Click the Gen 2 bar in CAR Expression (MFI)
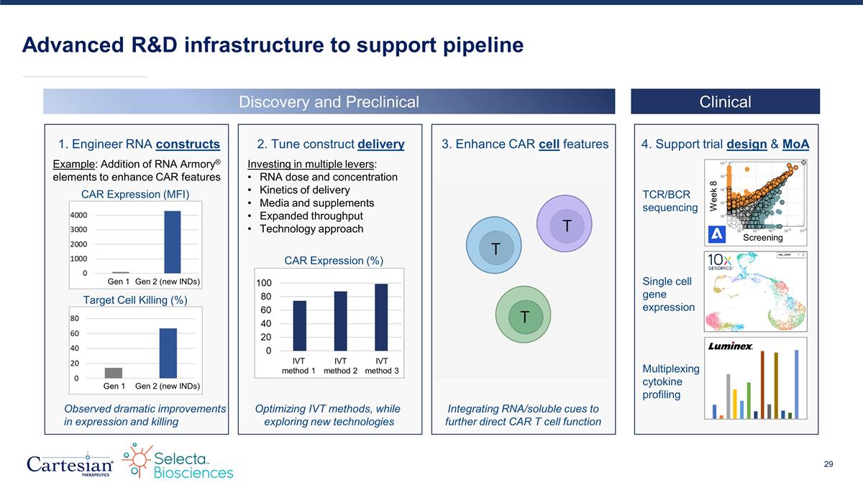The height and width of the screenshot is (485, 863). [x=173, y=242]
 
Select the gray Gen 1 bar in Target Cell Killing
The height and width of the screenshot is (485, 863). [x=114, y=373]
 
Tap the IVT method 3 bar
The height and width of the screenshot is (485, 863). [x=381, y=317]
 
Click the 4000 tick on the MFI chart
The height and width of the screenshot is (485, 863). [x=79, y=216]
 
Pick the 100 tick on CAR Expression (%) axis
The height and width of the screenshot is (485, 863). [x=265, y=285]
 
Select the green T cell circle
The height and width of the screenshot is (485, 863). [x=524, y=315]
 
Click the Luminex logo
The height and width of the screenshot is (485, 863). [x=731, y=346]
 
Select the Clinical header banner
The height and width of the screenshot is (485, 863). [x=725, y=102]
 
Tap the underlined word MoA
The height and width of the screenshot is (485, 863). [x=795, y=144]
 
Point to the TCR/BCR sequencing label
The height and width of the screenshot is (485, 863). [x=669, y=201]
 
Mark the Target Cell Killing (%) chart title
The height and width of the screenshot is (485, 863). [x=135, y=300]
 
